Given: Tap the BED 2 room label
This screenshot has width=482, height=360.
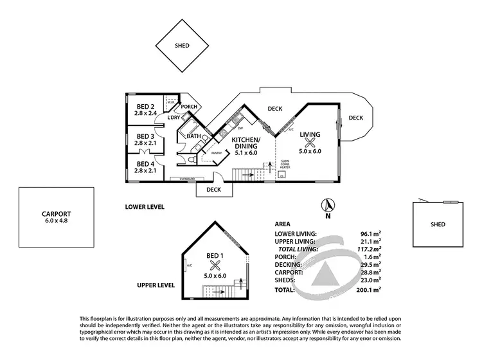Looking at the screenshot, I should click(x=144, y=107).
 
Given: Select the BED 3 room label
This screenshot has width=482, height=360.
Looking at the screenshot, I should click(x=144, y=136).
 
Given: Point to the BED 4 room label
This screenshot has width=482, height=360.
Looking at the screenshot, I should click(x=144, y=165).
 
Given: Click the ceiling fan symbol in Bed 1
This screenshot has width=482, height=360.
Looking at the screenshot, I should click(x=215, y=265).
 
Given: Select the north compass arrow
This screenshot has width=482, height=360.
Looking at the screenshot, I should click(x=328, y=206).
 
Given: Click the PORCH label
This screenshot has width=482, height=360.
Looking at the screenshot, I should click(x=189, y=107).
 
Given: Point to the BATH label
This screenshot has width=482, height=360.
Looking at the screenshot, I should click(x=194, y=136).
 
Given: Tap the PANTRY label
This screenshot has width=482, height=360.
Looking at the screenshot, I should click(x=217, y=153).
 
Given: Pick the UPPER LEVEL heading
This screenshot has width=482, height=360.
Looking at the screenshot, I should click(x=157, y=284).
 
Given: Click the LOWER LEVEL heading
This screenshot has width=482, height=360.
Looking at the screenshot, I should click(x=145, y=207).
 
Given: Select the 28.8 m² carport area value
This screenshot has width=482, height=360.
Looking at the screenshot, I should click(x=370, y=272).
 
